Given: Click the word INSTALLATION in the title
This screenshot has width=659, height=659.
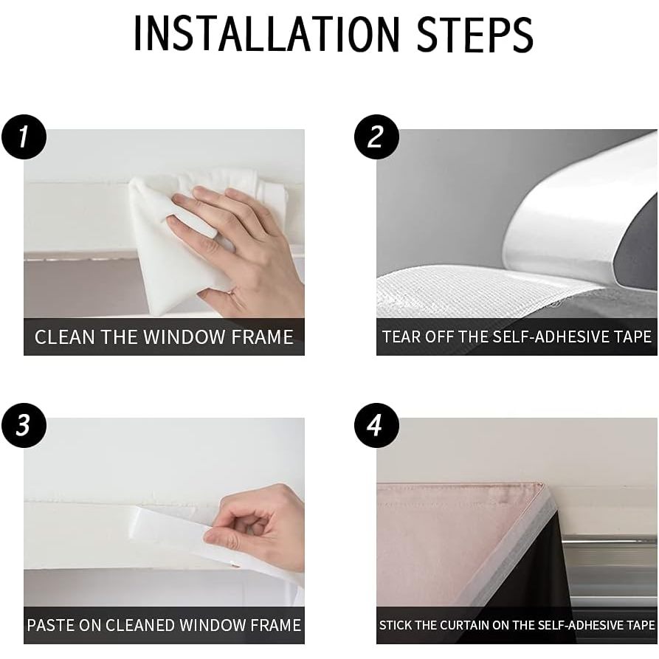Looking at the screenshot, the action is coord(266,34).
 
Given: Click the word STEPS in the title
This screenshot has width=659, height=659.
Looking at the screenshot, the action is coord(475,34).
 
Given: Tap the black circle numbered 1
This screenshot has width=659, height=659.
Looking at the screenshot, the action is coord(24,137).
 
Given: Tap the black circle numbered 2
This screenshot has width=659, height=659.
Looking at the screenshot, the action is coord(376,137).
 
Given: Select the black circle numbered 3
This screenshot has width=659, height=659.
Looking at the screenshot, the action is coord(24,425).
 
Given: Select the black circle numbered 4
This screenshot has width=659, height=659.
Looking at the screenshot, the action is coord(376,425).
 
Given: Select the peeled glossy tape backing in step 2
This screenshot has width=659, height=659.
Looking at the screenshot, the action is coord(580,218).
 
